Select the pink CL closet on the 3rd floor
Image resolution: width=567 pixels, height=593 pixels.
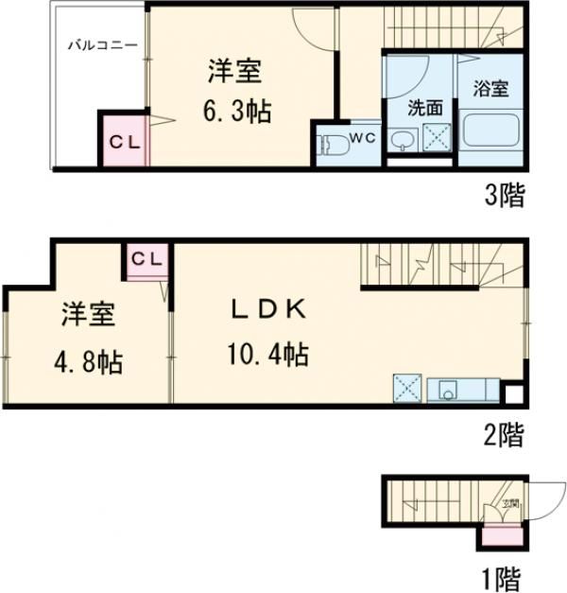coord(124,142)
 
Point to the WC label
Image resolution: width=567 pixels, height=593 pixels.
coord(364,138)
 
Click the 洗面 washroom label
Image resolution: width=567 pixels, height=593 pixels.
coord(424,107)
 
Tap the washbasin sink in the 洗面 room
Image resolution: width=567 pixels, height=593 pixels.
coord(404,143)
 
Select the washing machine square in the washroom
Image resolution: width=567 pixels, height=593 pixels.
coord(436,138)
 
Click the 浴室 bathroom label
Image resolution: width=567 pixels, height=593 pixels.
coord(490,90)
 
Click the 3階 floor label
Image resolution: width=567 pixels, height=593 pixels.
coord(505,196)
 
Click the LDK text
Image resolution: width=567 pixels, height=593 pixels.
coord(268,309)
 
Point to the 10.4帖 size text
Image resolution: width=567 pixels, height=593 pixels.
coord(266,356)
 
